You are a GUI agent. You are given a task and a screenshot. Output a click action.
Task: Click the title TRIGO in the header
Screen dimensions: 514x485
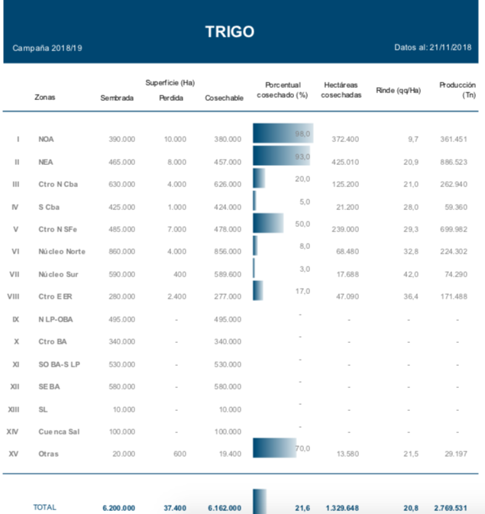pos(230,31)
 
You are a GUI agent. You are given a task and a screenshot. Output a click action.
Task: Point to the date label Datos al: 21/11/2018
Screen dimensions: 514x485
pos(432,47)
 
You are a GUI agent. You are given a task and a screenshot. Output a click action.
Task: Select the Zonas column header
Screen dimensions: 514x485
pos(45,97)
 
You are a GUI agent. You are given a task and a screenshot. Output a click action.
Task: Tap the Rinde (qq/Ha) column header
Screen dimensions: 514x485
pos(398,90)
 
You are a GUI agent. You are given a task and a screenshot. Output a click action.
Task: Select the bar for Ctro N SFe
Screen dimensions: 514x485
pos(267,223)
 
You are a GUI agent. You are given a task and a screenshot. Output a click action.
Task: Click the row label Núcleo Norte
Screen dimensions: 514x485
pos(62,251)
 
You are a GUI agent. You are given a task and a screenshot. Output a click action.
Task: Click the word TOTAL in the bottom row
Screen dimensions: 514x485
pos(44,506)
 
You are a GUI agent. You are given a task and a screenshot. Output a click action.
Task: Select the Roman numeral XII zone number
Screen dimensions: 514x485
pos(15,386)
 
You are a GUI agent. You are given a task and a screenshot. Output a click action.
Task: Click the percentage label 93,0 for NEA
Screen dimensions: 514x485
pos(302,157)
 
